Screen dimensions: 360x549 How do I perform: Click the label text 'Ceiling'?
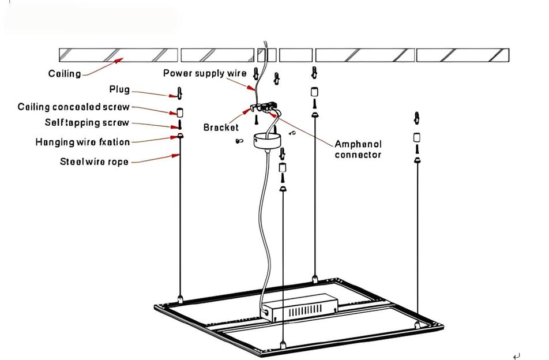pos(65,74)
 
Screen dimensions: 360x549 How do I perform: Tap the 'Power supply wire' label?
pos(205,73)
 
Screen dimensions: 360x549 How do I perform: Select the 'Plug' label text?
pos(119,90)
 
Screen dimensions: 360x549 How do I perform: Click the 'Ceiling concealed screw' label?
pos(74,107)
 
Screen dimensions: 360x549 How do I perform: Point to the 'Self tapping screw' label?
pos(87,123)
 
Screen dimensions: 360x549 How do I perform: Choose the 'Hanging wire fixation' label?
pos(82,142)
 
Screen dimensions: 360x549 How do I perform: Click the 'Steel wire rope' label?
pos(95,162)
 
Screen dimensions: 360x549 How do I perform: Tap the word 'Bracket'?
pos(221,127)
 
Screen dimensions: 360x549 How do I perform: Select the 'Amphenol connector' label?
pos(358,149)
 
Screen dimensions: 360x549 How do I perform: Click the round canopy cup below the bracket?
pos(266,141)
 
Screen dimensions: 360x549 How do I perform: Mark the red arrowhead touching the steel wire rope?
pos(177,155)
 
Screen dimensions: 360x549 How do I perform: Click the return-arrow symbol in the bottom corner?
pos(516,356)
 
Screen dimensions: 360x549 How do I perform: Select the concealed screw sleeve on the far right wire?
pos(416,138)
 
